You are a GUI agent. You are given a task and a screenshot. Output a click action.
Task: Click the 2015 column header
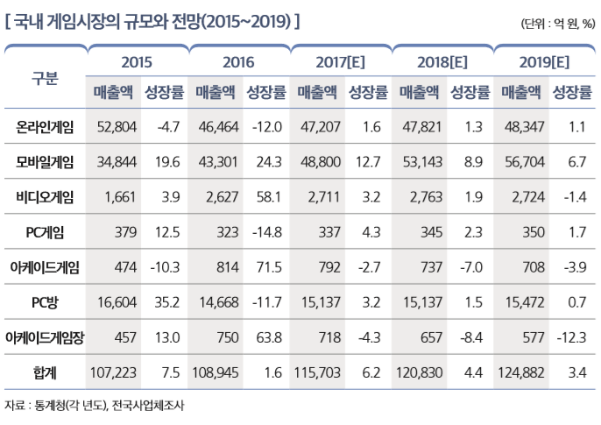[137, 62]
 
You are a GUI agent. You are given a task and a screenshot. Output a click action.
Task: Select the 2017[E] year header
[340, 62]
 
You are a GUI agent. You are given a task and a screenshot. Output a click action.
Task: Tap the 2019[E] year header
[544, 62]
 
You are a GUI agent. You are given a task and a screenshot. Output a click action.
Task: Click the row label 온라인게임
[45, 127]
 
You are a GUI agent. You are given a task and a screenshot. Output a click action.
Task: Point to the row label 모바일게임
[45, 162]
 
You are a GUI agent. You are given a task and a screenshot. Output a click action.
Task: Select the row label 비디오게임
[45, 197]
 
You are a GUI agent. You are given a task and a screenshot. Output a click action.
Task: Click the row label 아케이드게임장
[45, 337]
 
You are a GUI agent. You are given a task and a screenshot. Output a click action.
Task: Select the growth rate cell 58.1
[265, 197]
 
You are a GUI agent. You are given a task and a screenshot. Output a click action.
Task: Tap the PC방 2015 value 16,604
[115, 302]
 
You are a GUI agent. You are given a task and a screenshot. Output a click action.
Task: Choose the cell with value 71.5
[265, 267]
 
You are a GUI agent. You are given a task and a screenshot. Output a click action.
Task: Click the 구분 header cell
[45, 78]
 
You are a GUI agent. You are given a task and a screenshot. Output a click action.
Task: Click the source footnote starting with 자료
[95, 406]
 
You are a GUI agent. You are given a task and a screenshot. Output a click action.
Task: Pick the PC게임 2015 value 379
[124, 232]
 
